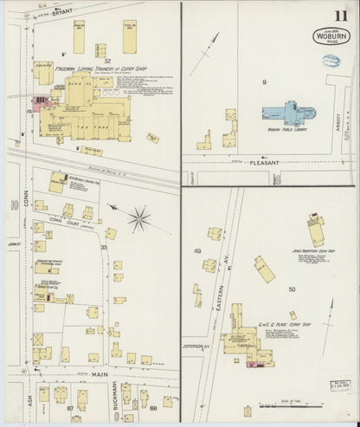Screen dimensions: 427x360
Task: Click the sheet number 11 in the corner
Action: [337, 15]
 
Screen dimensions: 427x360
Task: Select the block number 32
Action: [107, 61]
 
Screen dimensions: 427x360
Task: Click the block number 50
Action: [292, 288]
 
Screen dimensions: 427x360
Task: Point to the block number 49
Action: [197, 251]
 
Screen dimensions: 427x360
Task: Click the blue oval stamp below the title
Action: [330, 61]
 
